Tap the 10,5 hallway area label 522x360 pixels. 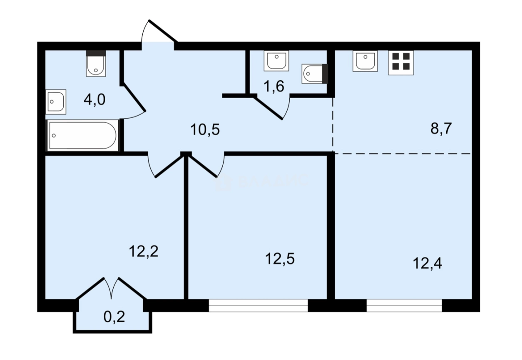coord(204,130)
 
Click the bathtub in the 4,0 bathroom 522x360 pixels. coord(83,135)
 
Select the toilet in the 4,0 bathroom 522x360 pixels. coord(96,64)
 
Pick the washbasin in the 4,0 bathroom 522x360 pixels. coord(56,102)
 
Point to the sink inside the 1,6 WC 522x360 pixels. coord(276,61)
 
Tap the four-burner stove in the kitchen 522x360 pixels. coord(401,62)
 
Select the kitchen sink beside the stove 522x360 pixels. coord(365,61)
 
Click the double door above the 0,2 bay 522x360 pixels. coord(112,287)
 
